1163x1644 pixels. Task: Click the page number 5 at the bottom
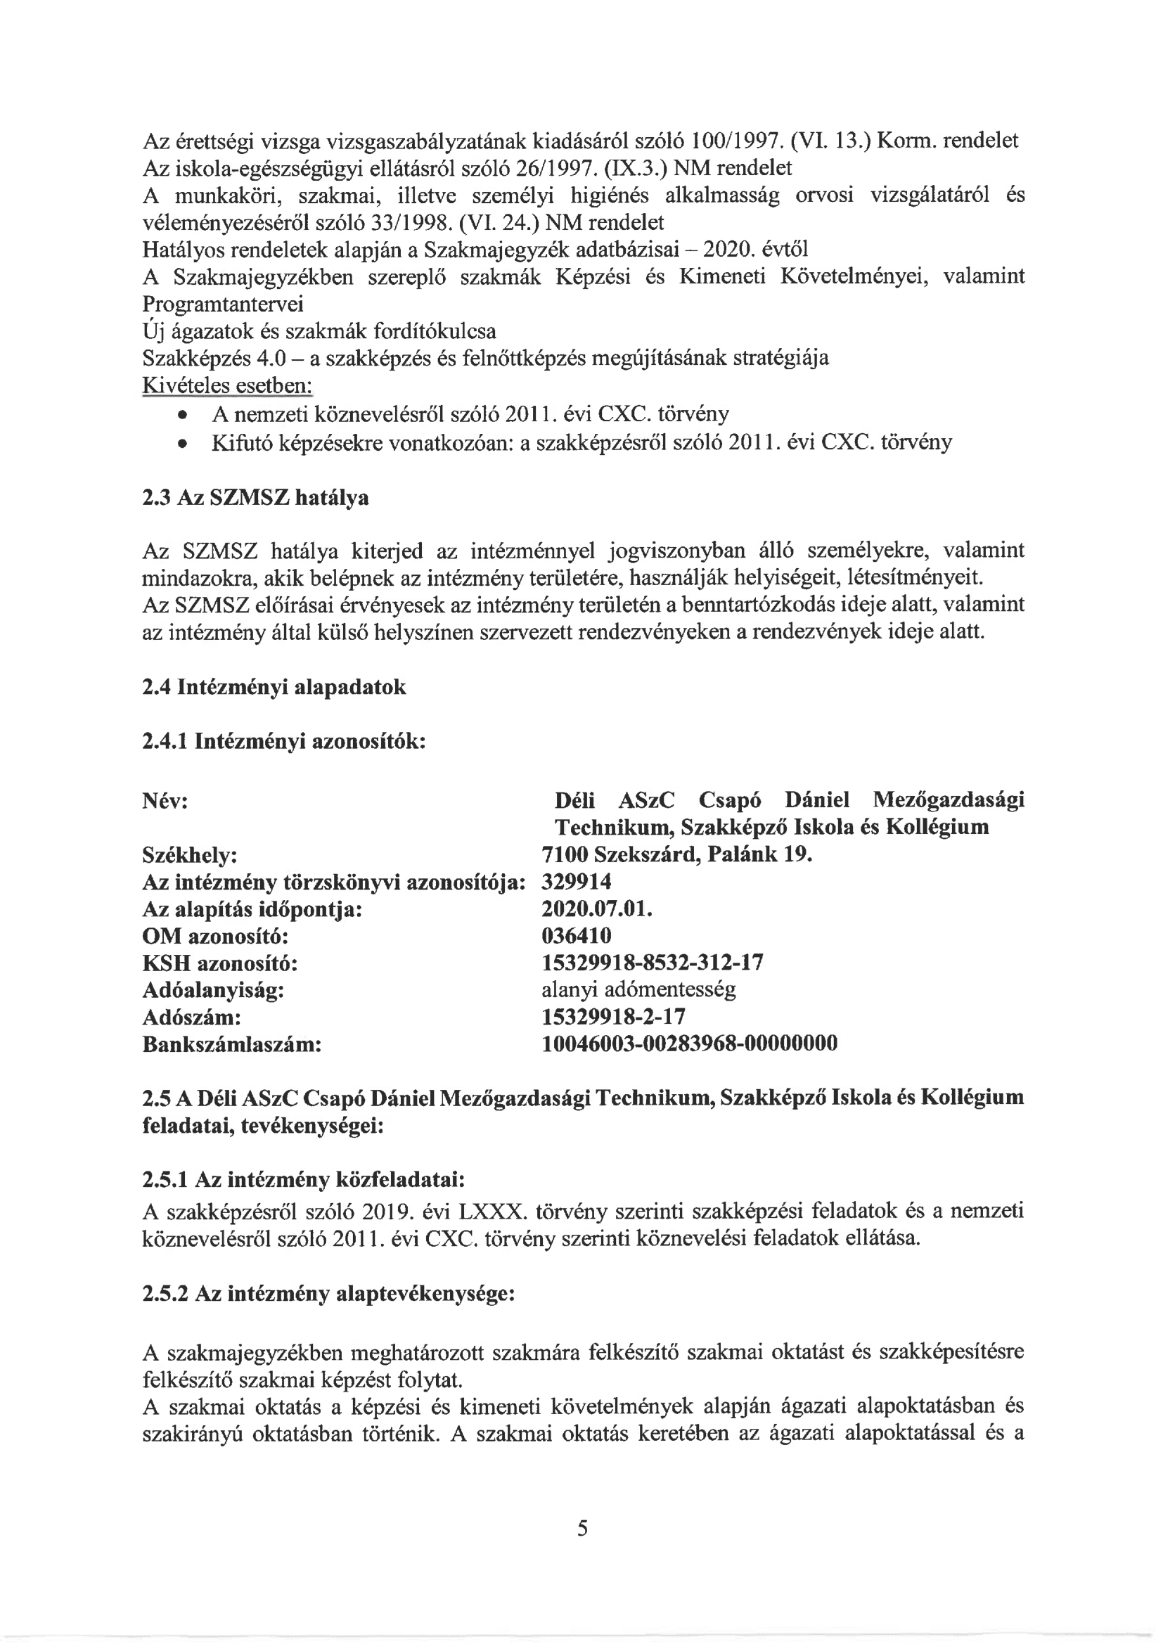pyautogui.click(x=582, y=1528)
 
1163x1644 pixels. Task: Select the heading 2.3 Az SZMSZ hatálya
pyautogui.click(x=256, y=497)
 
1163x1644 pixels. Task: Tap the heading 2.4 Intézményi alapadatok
pyautogui.click(x=274, y=688)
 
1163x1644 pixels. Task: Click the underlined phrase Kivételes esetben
pyautogui.click(x=228, y=386)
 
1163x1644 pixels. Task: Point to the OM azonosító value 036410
pyautogui.click(x=577, y=936)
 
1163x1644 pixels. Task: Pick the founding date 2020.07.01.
pyautogui.click(x=597, y=909)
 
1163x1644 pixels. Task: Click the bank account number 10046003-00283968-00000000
pyautogui.click(x=690, y=1043)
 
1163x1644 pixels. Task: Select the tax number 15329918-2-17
pyautogui.click(x=614, y=1017)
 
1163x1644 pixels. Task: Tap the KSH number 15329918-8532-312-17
pyautogui.click(x=653, y=963)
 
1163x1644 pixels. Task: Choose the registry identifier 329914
pyautogui.click(x=577, y=882)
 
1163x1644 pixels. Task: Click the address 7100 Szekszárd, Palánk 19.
pyautogui.click(x=676, y=855)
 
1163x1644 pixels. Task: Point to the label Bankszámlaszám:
pyautogui.click(x=232, y=1044)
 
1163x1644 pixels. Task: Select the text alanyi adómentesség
pyautogui.click(x=638, y=989)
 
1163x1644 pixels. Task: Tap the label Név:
pyautogui.click(x=165, y=800)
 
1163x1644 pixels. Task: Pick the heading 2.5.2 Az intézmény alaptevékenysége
pyautogui.click(x=328, y=1294)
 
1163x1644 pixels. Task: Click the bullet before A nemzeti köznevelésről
pyautogui.click(x=184, y=416)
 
